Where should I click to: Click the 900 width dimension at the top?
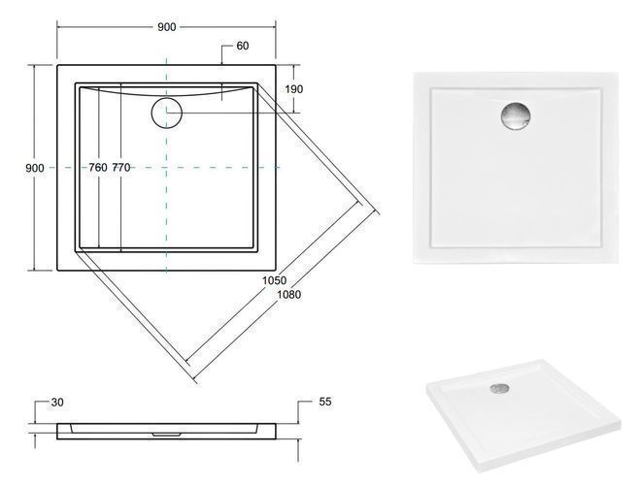point(167,27)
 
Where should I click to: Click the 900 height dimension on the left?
point(35,168)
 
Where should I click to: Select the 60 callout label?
point(243,46)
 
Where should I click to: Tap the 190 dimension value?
point(294,89)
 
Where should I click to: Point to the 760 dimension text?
point(98,168)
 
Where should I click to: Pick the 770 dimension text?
point(121,168)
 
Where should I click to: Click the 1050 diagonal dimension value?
point(274,280)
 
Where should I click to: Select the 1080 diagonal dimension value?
point(289,294)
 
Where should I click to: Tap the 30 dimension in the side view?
point(57,403)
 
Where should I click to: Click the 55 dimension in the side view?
point(325,402)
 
